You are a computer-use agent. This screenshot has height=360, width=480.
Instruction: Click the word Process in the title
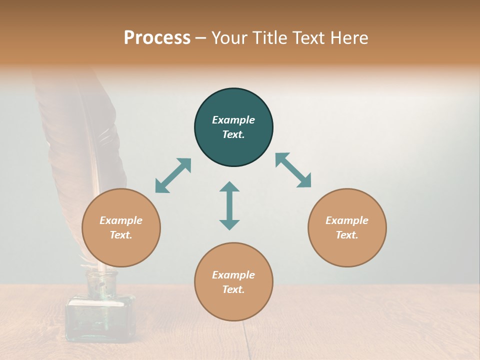pos(157,38)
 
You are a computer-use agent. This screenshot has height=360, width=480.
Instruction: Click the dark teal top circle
pos(233,127)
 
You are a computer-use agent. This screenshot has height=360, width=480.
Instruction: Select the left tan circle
pos(121,228)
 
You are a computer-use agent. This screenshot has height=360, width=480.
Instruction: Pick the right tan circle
pos(347,228)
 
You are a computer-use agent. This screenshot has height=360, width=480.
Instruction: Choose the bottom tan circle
pos(233,282)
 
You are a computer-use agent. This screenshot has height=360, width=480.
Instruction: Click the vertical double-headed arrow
pos(229,205)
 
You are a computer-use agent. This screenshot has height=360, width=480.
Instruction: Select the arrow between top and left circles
pos(173,175)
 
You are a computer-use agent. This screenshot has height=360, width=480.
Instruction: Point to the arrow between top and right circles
pos(293,170)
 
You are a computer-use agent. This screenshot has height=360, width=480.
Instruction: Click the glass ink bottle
pos(100,315)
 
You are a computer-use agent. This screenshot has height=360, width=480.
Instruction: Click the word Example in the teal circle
pos(233,120)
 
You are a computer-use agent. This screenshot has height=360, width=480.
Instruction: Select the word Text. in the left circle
pos(121,235)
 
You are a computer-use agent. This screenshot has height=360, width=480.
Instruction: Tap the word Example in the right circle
pos(347,220)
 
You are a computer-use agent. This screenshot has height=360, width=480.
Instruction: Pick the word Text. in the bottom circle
pos(233,289)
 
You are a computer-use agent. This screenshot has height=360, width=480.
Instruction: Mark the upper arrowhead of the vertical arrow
pos(229,186)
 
